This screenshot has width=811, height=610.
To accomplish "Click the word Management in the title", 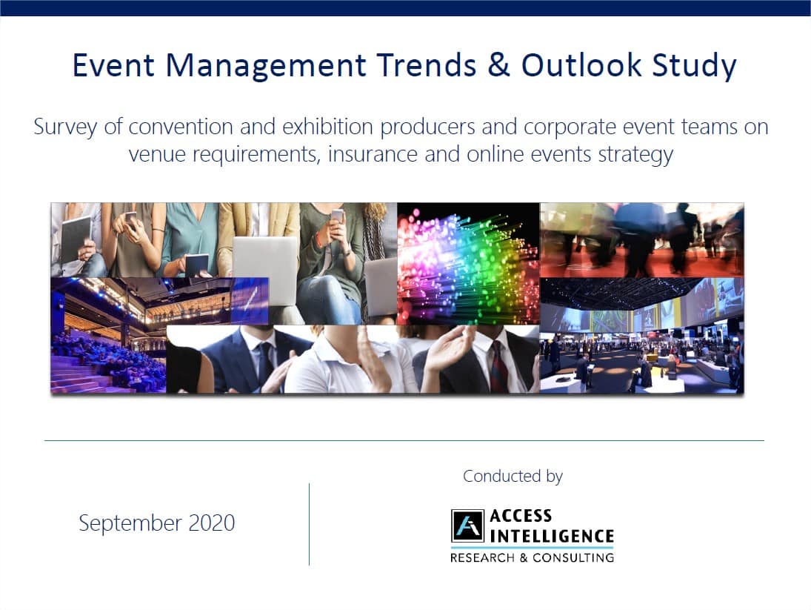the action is click(x=266, y=66).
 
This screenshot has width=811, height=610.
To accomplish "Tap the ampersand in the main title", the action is click(x=498, y=65).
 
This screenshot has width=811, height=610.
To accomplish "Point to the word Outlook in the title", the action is click(x=581, y=65).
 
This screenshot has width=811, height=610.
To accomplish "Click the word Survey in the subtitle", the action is click(x=65, y=127).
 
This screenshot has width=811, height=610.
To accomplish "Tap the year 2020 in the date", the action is click(x=212, y=523).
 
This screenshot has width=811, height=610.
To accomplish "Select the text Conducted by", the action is click(x=513, y=476).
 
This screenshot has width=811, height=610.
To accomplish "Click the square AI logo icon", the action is click(x=467, y=526).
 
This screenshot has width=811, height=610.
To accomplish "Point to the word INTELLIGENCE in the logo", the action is click(x=552, y=536).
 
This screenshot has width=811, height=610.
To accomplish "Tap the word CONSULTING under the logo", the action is click(x=573, y=557).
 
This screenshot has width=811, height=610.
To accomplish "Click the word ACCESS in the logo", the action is click(x=521, y=516).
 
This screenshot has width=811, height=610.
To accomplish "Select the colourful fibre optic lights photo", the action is click(x=468, y=263).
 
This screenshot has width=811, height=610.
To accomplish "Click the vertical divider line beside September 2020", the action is click(x=310, y=524).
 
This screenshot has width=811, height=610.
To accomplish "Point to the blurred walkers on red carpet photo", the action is click(x=642, y=240).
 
